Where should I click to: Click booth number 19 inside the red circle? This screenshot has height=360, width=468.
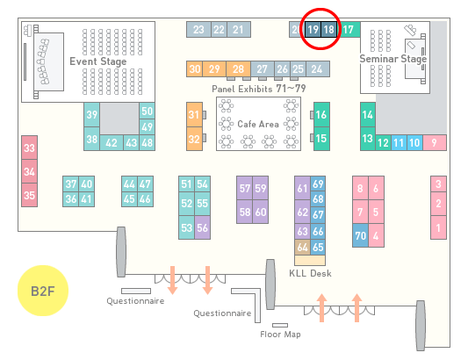click(313, 30)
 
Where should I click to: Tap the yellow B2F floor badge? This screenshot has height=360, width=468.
click(43, 291)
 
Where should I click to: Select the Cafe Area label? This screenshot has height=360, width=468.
click(258, 124)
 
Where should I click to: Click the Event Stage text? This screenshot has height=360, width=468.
click(98, 61)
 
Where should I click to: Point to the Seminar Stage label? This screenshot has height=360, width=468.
click(393, 59)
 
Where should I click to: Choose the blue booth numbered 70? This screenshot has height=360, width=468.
click(360, 235)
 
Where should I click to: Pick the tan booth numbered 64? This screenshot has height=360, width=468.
click(302, 247)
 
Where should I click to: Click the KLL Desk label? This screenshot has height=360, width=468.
click(310, 273)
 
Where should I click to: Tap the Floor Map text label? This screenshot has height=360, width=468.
click(280, 334)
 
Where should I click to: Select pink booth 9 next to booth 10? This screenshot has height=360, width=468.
click(435, 143)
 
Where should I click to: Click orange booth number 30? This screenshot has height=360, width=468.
click(194, 69)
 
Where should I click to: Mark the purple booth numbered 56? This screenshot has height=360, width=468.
click(202, 227)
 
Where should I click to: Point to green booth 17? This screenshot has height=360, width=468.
click(349, 30)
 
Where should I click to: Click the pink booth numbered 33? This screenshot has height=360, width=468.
click(29, 148)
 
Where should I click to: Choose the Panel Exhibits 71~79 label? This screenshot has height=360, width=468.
click(258, 89)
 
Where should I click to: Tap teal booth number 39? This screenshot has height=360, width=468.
click(91, 115)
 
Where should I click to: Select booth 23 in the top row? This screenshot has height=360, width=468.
click(198, 30)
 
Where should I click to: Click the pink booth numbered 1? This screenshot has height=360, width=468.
click(438, 227)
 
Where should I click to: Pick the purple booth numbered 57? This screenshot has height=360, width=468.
click(244, 188)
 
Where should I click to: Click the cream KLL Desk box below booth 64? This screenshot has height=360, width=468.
click(310, 260)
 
